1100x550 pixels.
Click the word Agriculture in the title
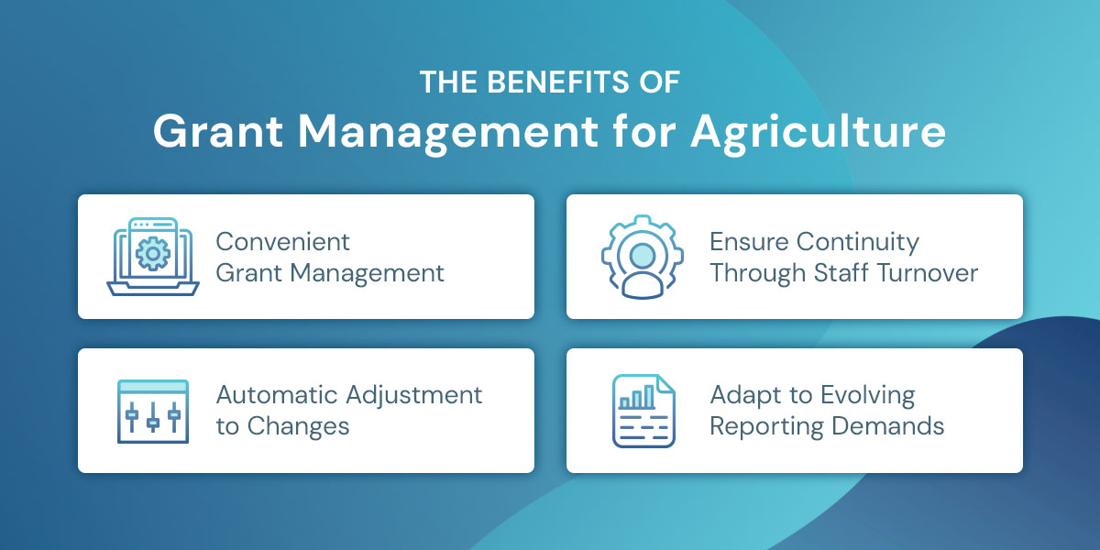coord(818,133)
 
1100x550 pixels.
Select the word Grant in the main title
coord(212,133)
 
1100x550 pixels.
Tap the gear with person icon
coord(643,257)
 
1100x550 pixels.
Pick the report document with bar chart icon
coord(643,411)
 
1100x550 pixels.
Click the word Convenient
coord(282,242)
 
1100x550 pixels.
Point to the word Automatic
coord(276,395)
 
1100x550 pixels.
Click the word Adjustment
coord(413,395)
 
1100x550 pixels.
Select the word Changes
coord(298,426)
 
